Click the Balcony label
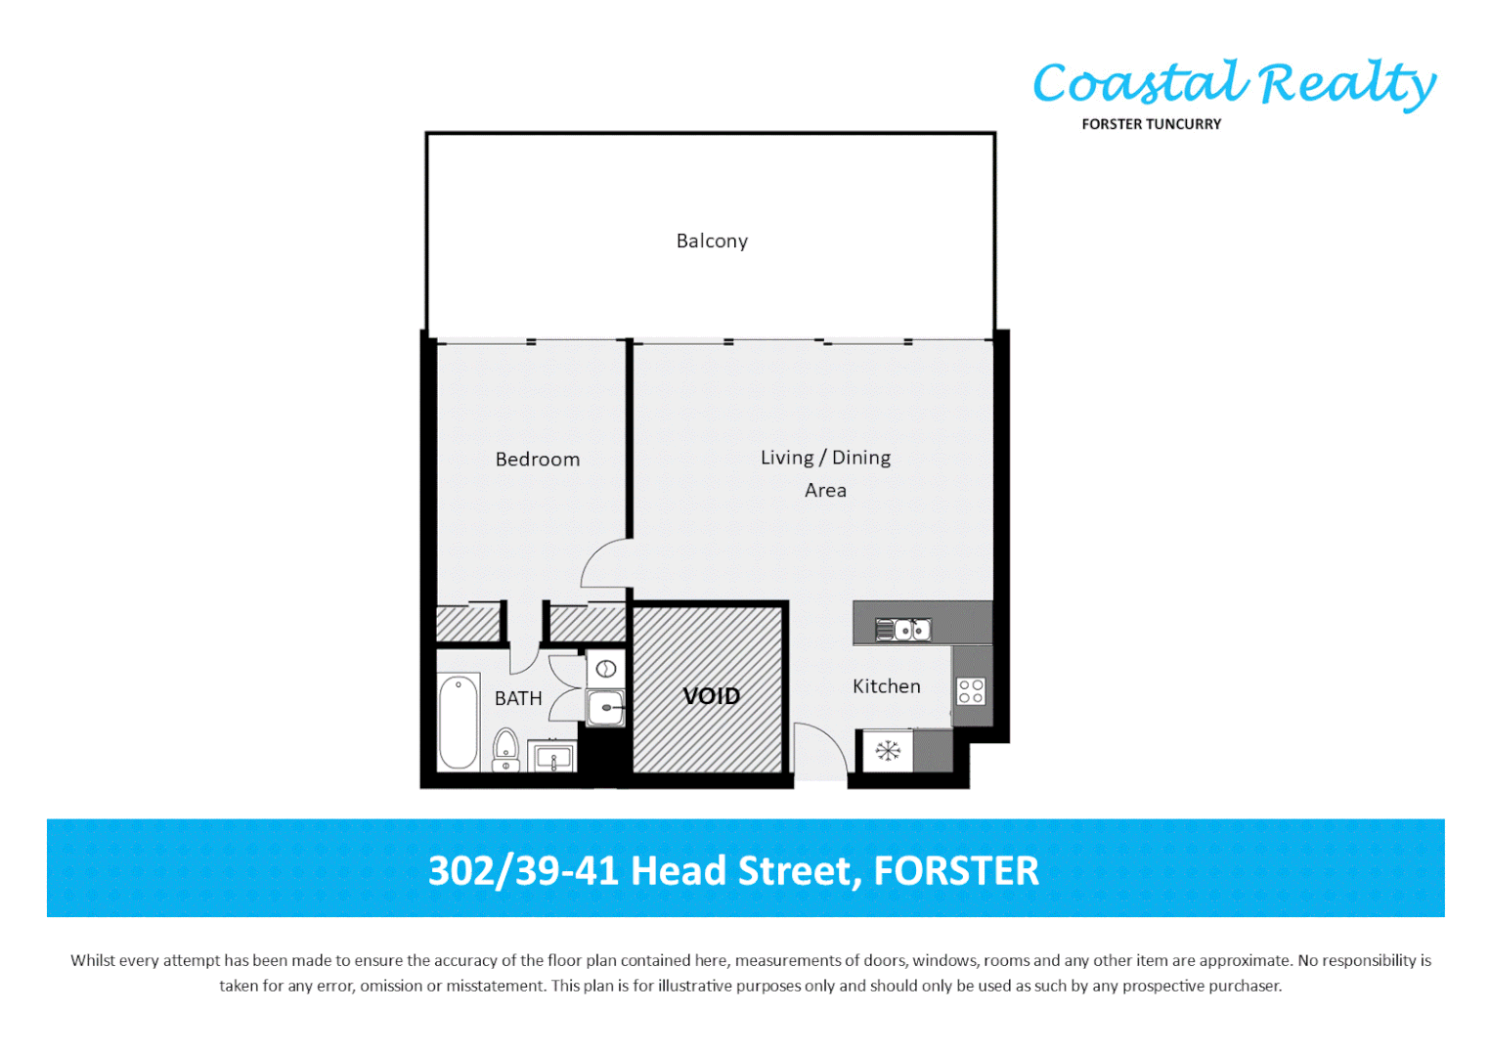[712, 241]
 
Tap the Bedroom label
[537, 460]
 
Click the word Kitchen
[886, 686]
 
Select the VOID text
[711, 696]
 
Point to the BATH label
[518, 698]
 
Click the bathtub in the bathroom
[459, 722]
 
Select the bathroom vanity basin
[552, 757]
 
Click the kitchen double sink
[903, 630]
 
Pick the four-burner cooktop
[971, 691]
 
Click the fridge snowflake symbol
[887, 751]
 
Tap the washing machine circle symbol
[605, 670]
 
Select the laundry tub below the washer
[605, 707]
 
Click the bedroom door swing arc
[599, 561]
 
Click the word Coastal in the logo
[1140, 84]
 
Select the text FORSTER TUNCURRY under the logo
[1151, 124]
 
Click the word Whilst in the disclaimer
[93, 960]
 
